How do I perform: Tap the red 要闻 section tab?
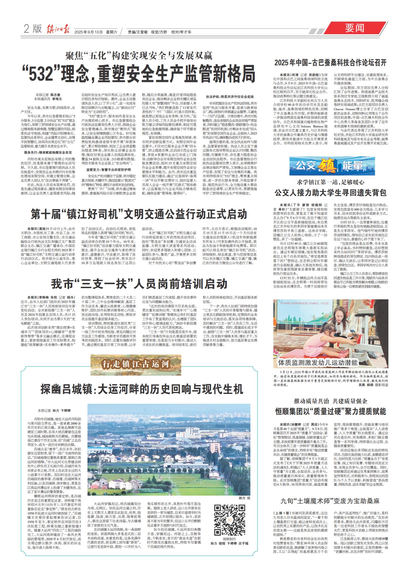point(354,28)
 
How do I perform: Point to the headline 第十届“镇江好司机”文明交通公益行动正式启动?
point(139,214)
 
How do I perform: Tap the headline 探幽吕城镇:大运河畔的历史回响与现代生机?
point(141,388)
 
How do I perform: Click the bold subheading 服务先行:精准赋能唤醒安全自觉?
point(48,152)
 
